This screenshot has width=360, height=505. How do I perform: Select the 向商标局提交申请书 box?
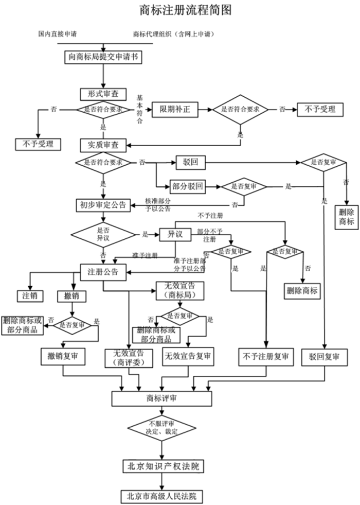pos(103,57)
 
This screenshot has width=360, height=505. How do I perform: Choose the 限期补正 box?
pos(174,110)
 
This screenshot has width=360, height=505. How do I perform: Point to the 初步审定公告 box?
pos(103,205)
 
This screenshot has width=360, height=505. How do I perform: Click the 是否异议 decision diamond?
pos(103,234)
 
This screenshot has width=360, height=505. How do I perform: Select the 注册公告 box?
pos(103,272)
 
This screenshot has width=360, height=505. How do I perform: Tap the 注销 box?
pos(30,297)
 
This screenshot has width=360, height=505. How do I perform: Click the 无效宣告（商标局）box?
pos(178,291)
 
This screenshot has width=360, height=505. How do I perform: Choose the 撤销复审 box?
pos(63,356)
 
